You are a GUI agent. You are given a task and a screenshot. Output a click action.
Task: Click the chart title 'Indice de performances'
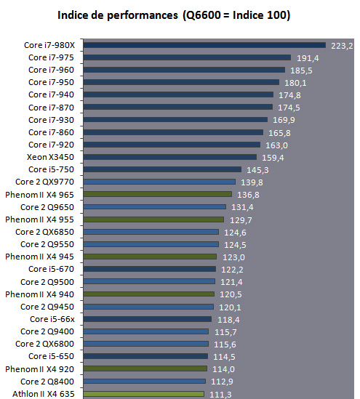118,15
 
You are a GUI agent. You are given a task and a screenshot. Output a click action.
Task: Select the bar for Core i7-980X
204,45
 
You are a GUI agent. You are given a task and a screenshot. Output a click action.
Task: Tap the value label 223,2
342,46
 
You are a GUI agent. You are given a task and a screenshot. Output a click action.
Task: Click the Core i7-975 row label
51,57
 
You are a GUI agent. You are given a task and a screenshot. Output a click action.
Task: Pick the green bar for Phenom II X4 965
158,194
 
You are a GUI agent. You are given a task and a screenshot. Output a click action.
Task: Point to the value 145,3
257,170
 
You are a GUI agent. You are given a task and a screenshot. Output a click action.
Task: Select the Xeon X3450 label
50,157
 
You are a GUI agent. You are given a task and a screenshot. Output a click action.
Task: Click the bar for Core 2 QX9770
159,182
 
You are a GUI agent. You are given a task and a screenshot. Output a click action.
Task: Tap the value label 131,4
242,207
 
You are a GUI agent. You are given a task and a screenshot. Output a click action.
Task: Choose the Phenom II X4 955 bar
153,219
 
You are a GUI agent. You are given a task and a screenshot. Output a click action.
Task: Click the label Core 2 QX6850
44,232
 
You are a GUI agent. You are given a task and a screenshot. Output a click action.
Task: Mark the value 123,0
233,257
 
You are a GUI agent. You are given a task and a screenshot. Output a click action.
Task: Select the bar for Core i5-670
150,269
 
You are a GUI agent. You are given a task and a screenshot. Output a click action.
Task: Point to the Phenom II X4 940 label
39,294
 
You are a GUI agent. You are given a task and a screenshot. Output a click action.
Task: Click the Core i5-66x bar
148,319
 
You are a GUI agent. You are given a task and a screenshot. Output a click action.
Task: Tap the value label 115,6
225,344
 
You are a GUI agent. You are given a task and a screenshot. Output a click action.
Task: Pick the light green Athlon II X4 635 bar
143,394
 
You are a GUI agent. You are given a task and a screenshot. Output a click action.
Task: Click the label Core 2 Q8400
47,382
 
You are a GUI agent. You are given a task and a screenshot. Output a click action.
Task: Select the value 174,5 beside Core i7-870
289,108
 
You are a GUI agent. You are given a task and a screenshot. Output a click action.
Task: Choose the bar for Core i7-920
172,145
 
